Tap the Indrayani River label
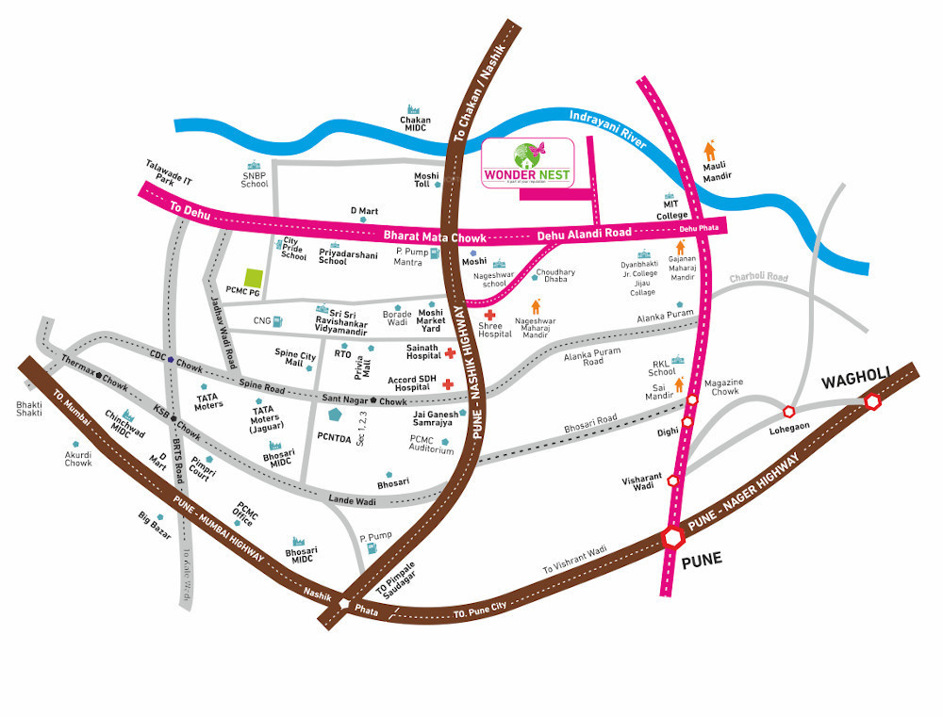click(x=608, y=127)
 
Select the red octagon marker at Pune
click(x=673, y=537)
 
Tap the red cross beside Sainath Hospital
click(x=450, y=353)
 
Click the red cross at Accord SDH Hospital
click(x=448, y=383)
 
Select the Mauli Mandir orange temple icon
click(x=709, y=150)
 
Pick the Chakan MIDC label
click(x=415, y=125)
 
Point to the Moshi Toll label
click(x=427, y=181)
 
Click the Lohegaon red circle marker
click(x=789, y=411)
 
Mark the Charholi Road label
click(x=757, y=278)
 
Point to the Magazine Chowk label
click(x=726, y=386)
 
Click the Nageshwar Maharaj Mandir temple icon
click(x=536, y=306)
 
